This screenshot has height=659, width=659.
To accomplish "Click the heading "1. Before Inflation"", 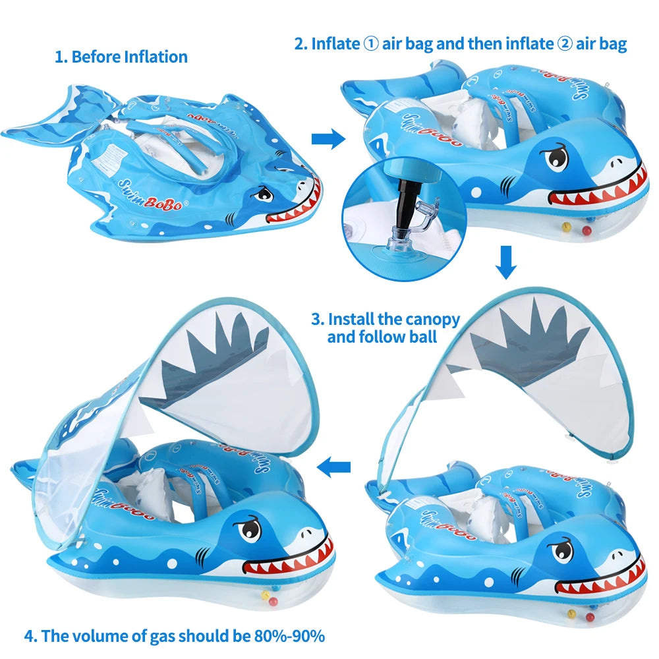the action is click(x=121, y=57).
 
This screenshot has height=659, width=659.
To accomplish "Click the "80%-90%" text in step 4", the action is click(x=289, y=636).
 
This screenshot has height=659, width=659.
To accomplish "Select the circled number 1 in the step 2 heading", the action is click(x=370, y=43).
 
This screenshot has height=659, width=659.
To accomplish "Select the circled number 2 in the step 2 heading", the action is click(x=565, y=43).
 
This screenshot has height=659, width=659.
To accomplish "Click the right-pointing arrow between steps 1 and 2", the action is click(x=328, y=138).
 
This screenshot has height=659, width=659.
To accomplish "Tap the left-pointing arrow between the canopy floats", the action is click(x=333, y=467).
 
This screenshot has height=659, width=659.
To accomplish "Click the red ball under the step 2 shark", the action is click(x=587, y=230).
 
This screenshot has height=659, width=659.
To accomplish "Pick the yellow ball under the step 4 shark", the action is click(x=265, y=594).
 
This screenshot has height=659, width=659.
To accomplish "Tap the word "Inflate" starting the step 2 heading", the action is click(x=335, y=43).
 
